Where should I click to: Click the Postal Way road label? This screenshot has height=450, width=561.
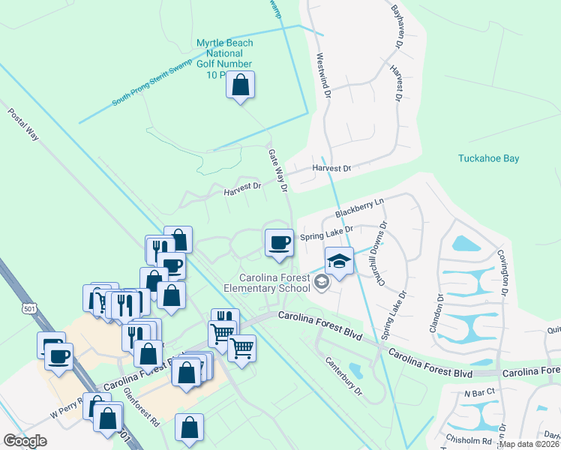coord(23,124)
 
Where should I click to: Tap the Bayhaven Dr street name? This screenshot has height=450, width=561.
coord(397,27)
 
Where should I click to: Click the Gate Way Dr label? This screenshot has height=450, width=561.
coord(278,169)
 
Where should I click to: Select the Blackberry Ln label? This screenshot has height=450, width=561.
coord(359,208)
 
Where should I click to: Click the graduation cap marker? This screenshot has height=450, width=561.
coord(339,262)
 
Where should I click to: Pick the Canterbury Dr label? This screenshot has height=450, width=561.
coord(343,376)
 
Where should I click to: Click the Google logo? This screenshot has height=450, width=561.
coord(25,441)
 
